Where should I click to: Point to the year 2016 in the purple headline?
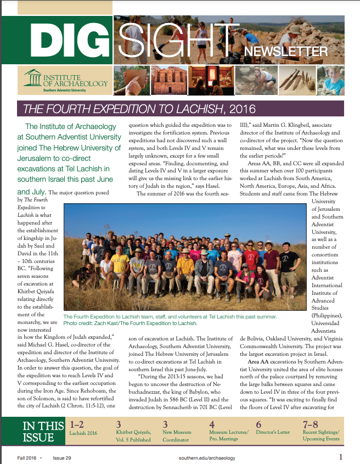click(244, 108)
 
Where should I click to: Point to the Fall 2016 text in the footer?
click(27, 457)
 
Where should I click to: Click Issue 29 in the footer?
click(61, 457)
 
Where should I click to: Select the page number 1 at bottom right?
click(341, 456)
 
